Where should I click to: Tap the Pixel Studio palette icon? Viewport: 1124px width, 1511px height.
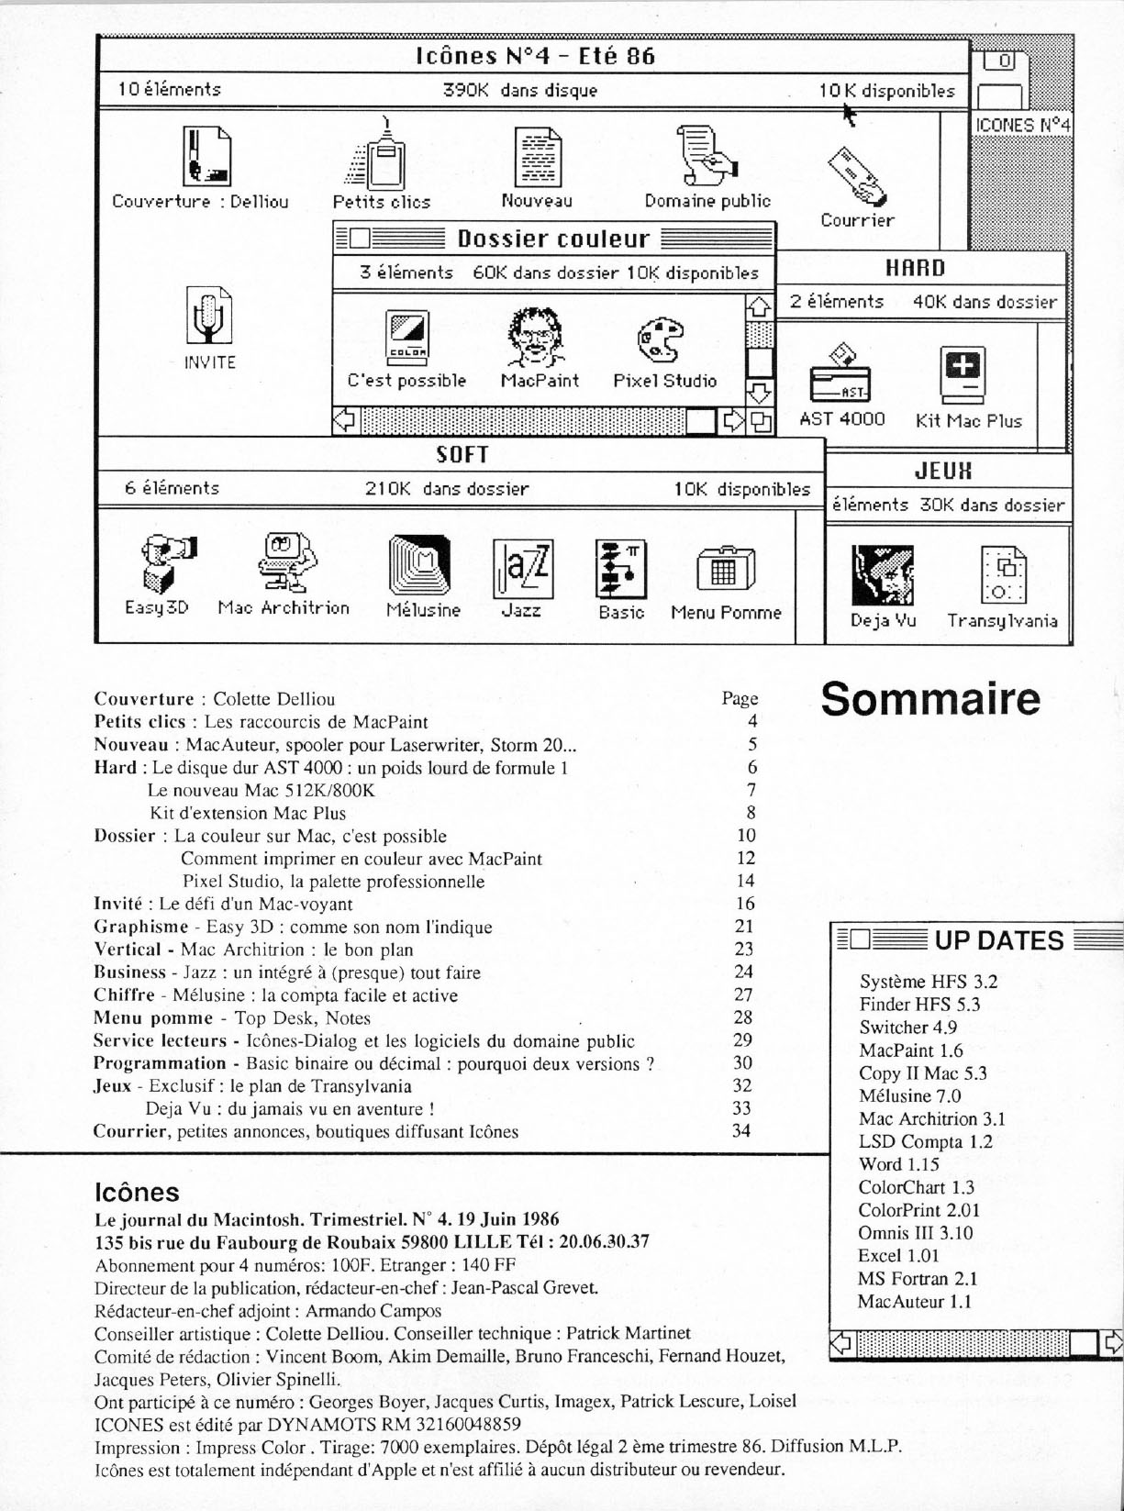[x=661, y=339]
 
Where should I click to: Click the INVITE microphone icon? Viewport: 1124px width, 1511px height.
[x=209, y=316]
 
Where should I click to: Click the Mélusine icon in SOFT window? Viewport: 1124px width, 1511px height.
[x=420, y=565]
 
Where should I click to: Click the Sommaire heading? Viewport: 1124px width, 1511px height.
[x=930, y=699]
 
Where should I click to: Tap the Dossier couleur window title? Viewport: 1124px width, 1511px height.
[x=553, y=239]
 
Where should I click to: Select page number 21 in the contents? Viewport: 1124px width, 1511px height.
[x=744, y=927]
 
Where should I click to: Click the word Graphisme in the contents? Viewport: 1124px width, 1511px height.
[x=141, y=927]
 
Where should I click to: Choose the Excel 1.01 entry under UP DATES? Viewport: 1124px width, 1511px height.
[x=898, y=1255]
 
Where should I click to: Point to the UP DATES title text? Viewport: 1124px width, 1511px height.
[x=998, y=940]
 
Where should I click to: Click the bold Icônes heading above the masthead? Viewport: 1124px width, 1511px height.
[x=137, y=1192]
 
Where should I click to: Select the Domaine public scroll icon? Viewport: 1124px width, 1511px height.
[x=707, y=156]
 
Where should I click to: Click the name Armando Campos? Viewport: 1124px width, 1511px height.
[x=373, y=1311]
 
